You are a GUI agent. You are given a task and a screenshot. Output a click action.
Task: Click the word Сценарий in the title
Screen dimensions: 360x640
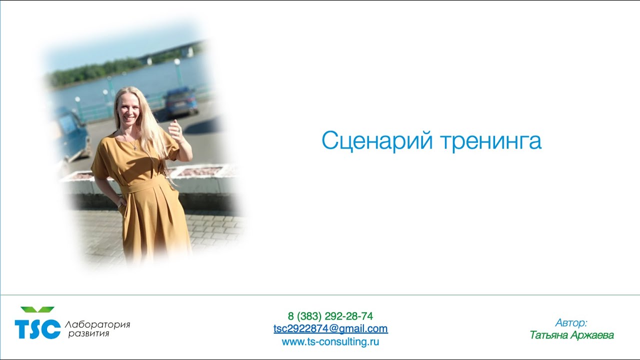pyautogui.click(x=377, y=141)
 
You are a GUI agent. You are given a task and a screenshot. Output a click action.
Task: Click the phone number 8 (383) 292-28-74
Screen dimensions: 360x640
pyautogui.click(x=330, y=316)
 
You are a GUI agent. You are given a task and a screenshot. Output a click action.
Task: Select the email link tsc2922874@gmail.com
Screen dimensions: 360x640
pyautogui.click(x=330, y=328)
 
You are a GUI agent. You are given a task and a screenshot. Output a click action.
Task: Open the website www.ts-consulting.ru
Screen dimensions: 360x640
pyautogui.click(x=330, y=342)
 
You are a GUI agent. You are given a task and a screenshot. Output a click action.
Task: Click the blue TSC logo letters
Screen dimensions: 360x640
pyautogui.click(x=37, y=329)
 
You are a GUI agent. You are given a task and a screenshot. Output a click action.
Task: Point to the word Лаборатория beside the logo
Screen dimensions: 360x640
pyautogui.click(x=97, y=324)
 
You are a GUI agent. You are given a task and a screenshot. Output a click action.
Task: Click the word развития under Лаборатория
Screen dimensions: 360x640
pyautogui.click(x=88, y=333)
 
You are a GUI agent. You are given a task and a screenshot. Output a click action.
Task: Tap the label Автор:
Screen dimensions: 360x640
pyautogui.click(x=571, y=322)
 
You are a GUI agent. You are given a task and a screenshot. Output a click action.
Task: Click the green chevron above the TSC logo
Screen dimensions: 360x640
pyautogui.click(x=37, y=310)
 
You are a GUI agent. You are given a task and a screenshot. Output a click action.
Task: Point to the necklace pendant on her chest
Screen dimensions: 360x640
pyautogui.click(x=134, y=147)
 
